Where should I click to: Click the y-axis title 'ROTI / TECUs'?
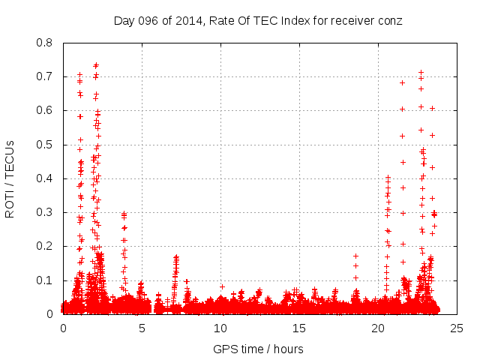click(x=10, y=178)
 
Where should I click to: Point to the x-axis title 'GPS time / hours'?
click(x=258, y=349)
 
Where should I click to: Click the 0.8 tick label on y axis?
click(x=46, y=43)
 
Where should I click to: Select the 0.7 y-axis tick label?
click(x=46, y=76)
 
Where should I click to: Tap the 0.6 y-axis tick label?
click(x=46, y=110)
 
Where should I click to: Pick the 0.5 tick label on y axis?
click(x=46, y=145)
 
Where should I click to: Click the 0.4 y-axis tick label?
click(x=46, y=178)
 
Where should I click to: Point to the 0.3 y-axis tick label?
click(x=46, y=212)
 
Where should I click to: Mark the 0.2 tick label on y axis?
click(x=46, y=246)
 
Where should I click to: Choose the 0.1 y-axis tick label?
click(x=46, y=280)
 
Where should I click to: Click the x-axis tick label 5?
click(x=142, y=328)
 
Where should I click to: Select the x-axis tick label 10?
click(x=220, y=328)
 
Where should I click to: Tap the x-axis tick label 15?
click(x=299, y=328)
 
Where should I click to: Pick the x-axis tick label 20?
click(x=378, y=328)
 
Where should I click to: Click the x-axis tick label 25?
click(x=457, y=328)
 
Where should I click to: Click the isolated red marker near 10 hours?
click(x=222, y=286)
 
